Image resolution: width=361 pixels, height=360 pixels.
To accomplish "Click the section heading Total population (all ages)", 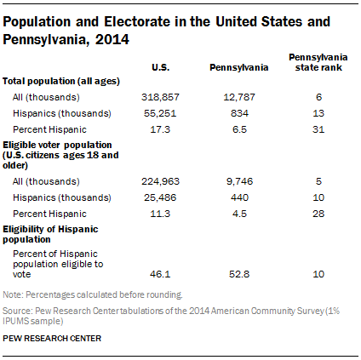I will coord(60,81).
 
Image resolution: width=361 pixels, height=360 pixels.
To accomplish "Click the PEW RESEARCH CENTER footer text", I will coord(51,338).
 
